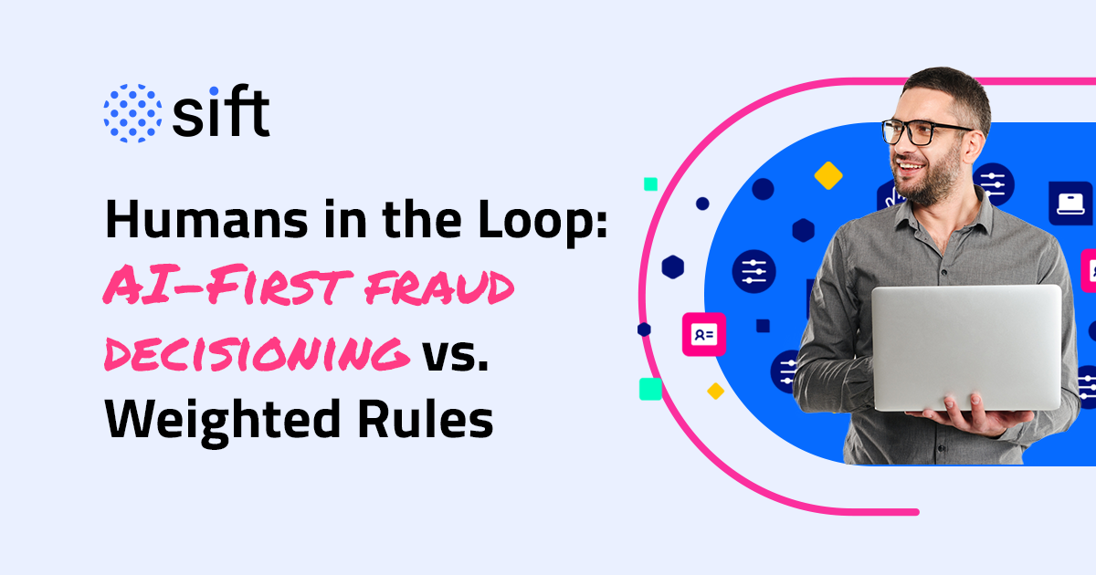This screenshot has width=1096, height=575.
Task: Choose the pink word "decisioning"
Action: [256, 354]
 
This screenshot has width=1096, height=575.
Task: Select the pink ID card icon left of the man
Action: [703, 335]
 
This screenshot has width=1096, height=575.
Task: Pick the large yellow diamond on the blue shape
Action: [827, 175]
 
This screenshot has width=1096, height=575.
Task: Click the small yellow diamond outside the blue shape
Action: [715, 391]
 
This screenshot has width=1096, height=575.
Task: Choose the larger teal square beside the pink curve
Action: [650, 389]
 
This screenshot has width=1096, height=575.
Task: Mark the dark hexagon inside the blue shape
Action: [803, 229]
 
